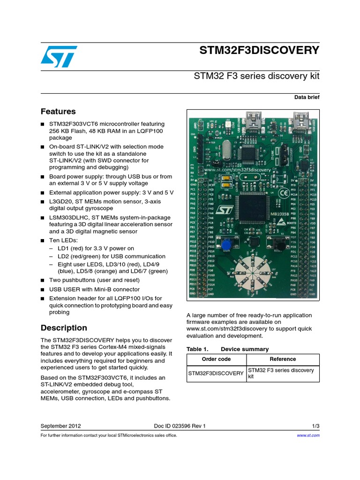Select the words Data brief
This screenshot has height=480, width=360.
pyautogui.click(x=307, y=97)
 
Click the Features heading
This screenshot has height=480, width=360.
pyautogui.click(x=58, y=112)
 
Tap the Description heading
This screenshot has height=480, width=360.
pyautogui.click(x=64, y=328)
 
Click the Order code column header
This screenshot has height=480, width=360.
pyautogui.click(x=216, y=359)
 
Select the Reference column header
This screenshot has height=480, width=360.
pyautogui.click(x=283, y=359)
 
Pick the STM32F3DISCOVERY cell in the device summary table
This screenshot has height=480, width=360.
pyautogui.click(x=216, y=373)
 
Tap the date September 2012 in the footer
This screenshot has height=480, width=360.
pyautogui.click(x=61, y=426)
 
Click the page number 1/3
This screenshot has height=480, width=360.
pyautogui.click(x=315, y=426)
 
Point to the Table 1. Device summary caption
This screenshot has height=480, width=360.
pyautogui.click(x=227, y=349)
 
